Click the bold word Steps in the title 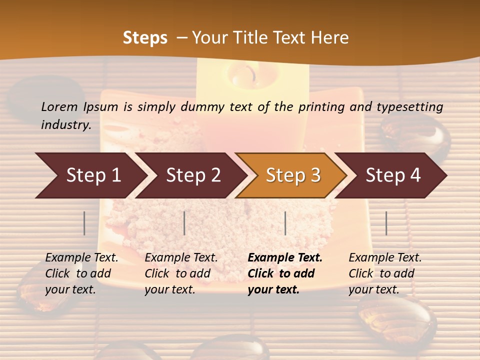(145, 38)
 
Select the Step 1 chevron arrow (90, 175)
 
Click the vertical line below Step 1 (84, 223)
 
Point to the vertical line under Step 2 (184, 223)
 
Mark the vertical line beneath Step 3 (285, 223)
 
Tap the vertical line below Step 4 (386, 223)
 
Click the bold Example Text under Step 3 (284, 273)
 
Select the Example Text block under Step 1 (81, 273)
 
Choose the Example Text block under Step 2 (181, 273)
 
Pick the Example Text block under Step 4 (385, 273)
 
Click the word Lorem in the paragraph (59, 106)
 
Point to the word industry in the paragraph (65, 124)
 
